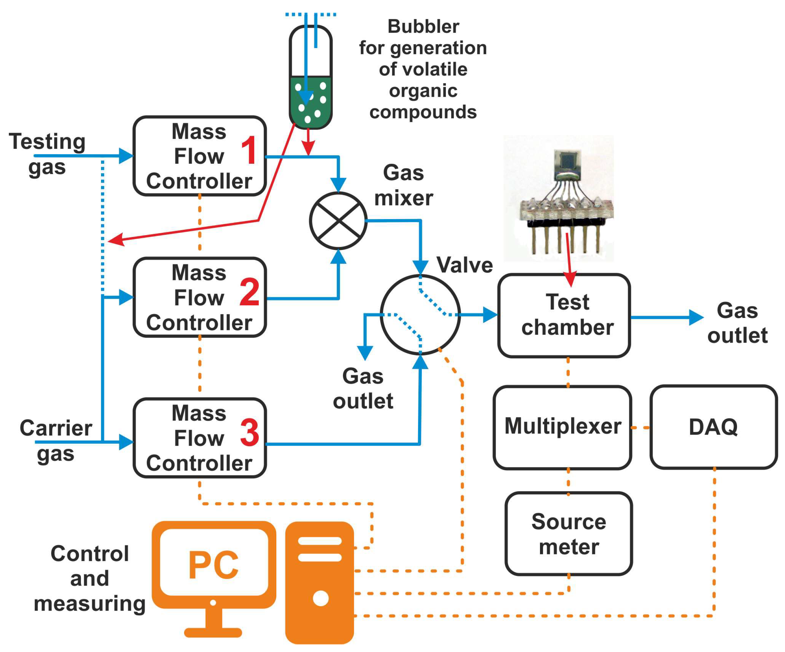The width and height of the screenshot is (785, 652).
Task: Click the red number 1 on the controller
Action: (249, 150)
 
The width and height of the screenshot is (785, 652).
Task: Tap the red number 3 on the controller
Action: (249, 433)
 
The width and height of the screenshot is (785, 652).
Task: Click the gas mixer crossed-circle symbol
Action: (338, 221)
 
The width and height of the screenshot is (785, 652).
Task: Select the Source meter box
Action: (569, 534)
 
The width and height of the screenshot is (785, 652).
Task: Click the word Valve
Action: (464, 265)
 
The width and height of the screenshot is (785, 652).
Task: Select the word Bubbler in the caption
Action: (423, 27)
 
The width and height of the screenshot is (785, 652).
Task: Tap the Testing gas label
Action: (47, 154)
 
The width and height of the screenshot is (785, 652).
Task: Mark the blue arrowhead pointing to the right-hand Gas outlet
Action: (696, 317)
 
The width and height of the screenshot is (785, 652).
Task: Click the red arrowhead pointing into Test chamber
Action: (570, 279)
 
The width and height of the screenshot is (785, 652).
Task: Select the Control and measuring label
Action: (90, 578)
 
